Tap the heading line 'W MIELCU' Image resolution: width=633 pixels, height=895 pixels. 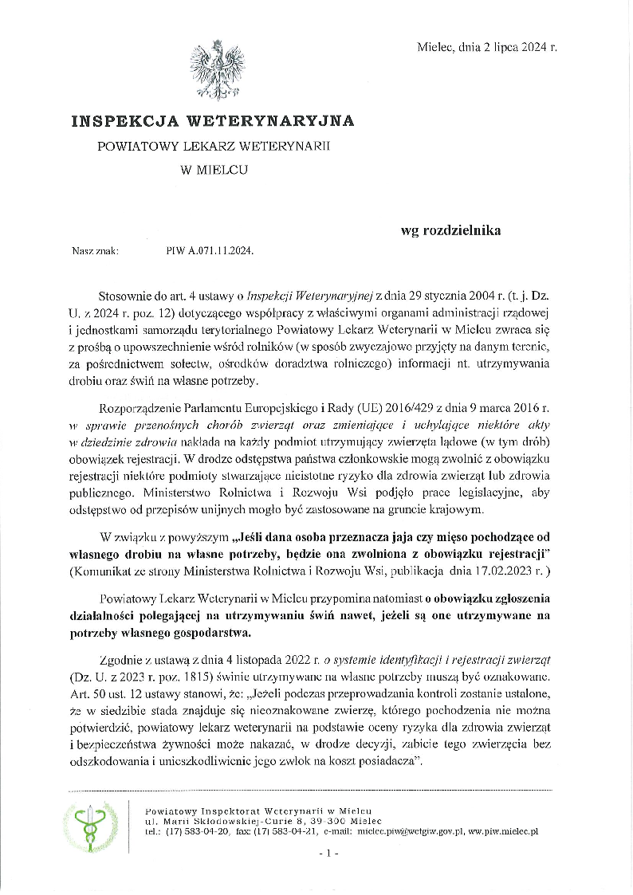tap(213, 169)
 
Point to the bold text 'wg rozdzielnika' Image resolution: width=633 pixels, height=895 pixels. tap(450, 231)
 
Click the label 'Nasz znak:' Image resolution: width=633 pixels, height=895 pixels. tap(95, 250)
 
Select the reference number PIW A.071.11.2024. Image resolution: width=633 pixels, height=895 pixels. tap(210, 250)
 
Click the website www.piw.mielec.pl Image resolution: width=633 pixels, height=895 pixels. tap(502, 830)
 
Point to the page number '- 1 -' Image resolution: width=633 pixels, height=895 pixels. tap(328, 853)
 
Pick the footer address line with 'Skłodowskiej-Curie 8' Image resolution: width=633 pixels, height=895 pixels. tap(263, 820)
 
